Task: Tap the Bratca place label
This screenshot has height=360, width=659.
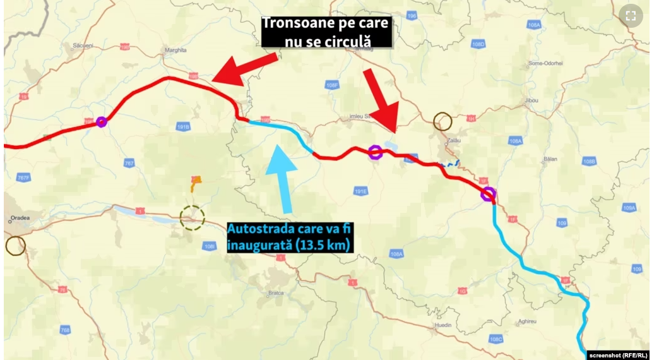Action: click(278, 292)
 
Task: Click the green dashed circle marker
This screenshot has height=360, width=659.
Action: click(192, 218)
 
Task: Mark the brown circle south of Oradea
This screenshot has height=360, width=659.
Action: click(15, 245)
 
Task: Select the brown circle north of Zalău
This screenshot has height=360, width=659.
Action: click(443, 121)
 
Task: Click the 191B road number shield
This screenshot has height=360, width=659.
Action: click(184, 126)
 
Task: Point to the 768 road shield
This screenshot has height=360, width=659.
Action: click(65, 330)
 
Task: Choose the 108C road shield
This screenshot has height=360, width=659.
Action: click(496, 339)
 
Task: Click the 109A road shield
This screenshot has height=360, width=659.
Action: click(629, 207)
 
